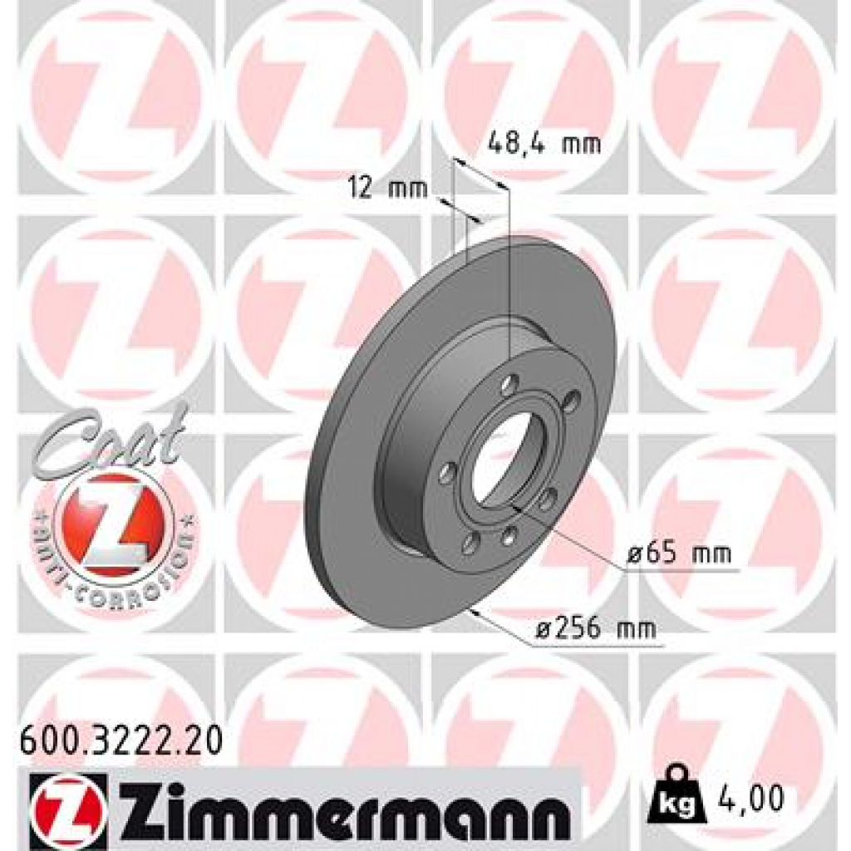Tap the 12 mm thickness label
(x=387, y=189)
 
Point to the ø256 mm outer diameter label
(x=595, y=629)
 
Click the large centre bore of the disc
(x=502, y=456)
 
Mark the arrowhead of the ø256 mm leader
(x=473, y=611)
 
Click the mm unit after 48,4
(x=581, y=144)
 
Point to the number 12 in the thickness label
(x=361, y=189)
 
